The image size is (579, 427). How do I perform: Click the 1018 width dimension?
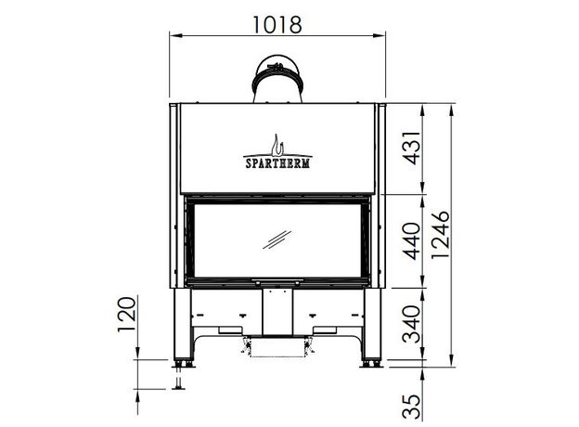click(x=277, y=25)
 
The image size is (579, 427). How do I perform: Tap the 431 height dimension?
click(x=412, y=148)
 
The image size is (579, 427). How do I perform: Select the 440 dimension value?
click(x=412, y=240)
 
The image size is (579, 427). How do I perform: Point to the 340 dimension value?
click(x=412, y=324)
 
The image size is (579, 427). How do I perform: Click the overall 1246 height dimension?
click(x=441, y=235)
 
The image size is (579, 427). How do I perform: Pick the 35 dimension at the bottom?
click(x=412, y=407)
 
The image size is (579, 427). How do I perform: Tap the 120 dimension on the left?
click(x=127, y=314)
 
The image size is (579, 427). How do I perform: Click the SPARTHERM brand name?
click(x=277, y=162)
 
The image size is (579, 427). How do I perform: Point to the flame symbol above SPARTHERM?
click(x=277, y=145)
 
